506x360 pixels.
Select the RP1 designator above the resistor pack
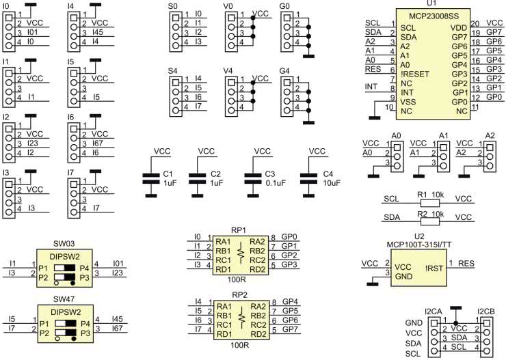239,230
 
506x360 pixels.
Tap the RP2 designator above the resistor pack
239,294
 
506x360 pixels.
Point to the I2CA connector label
433,311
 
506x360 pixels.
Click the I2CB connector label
486,311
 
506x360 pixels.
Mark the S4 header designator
173,70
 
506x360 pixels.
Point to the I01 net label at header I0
34,32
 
